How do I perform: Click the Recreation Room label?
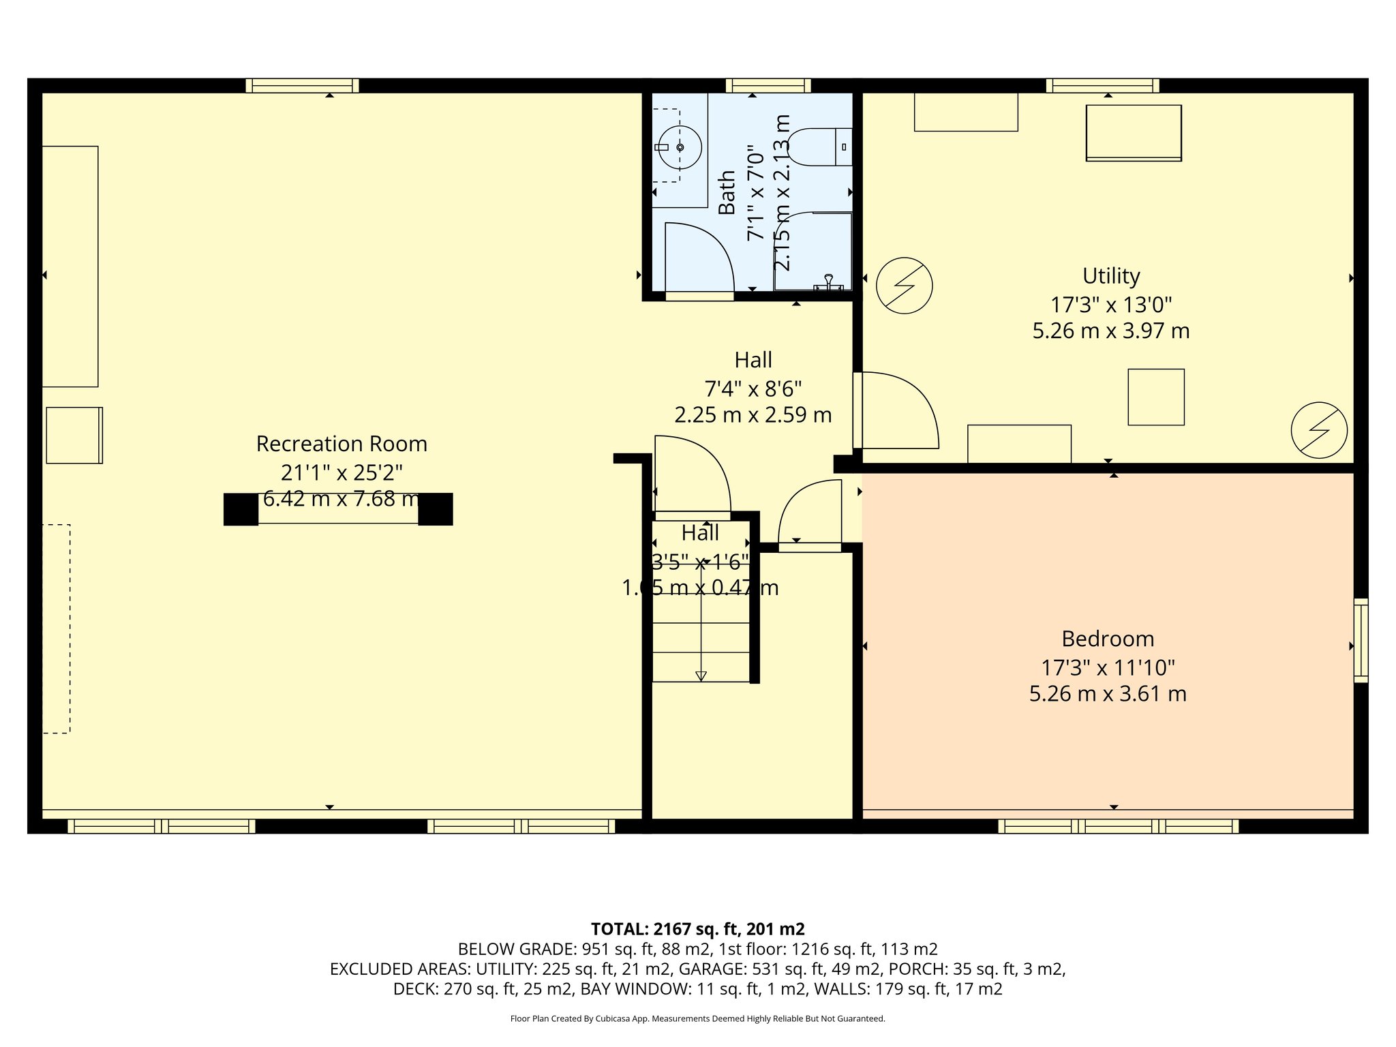pos(342,444)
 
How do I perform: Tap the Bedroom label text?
pos(1108,639)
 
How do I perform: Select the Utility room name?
pos(1111,276)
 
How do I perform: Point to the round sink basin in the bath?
pos(680,147)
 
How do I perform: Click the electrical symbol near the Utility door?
pos(904,285)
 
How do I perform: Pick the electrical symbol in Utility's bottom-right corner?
pos(1319,430)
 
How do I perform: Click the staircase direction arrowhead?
pos(701,676)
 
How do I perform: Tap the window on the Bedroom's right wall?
pos(1360,640)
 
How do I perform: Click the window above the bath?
pos(768,86)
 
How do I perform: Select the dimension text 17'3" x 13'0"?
pos(1111,304)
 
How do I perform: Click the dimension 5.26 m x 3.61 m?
pos(1108,694)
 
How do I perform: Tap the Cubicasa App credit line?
pos(697,1018)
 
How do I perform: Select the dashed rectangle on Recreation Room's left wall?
pos(56,628)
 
